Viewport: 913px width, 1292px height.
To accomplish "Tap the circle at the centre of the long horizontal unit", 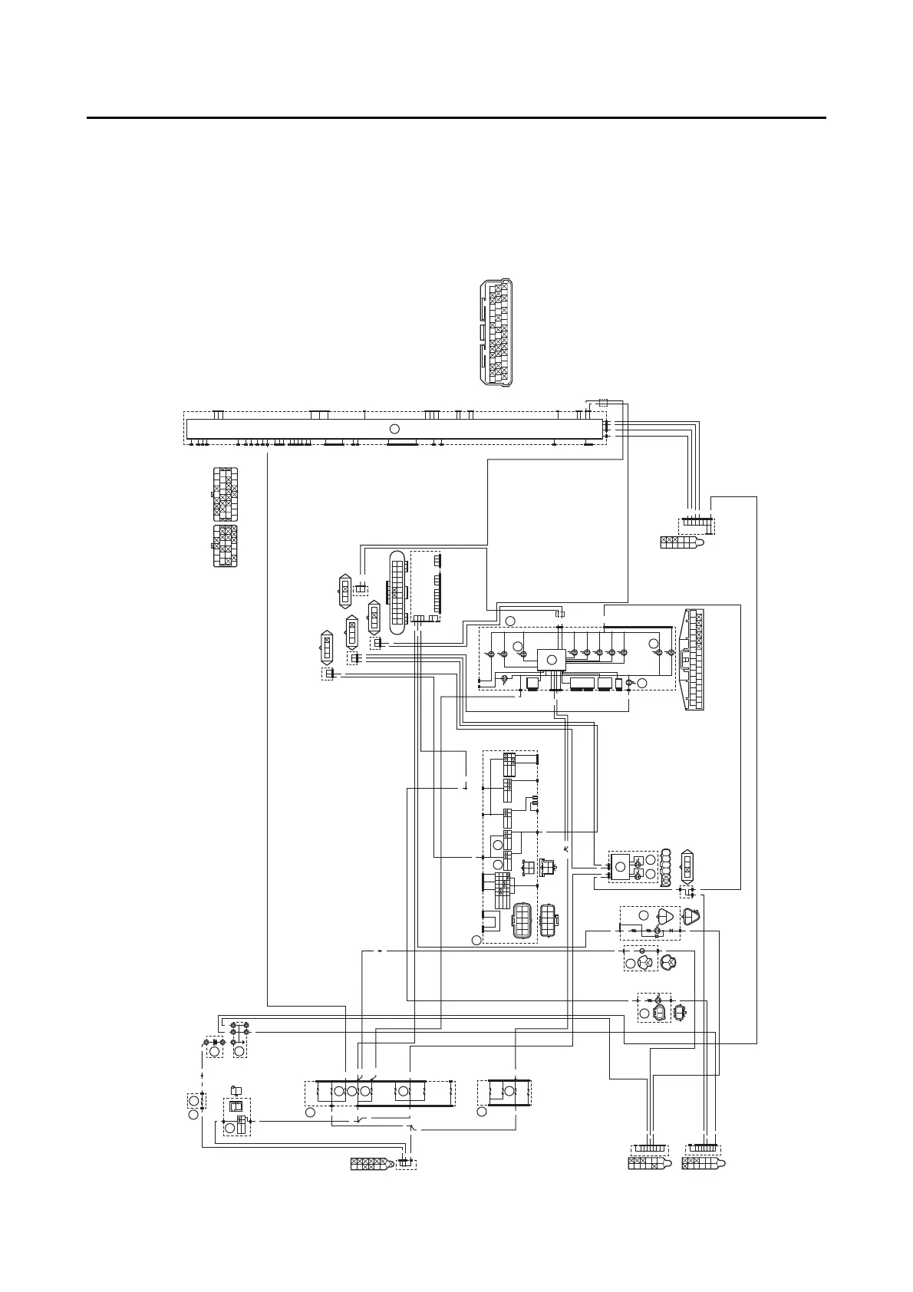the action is click(394, 428).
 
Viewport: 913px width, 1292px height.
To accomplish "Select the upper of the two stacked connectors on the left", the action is click(225, 494).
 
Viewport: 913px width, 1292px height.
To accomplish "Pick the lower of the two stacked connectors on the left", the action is click(225, 546).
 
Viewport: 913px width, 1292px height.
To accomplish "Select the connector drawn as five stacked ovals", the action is click(666, 868).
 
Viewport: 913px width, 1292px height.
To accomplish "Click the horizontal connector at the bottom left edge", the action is click(376, 1164).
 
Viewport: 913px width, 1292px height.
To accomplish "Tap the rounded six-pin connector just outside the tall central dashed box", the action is click(549, 921).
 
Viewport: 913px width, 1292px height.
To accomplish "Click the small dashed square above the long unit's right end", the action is click(603, 403).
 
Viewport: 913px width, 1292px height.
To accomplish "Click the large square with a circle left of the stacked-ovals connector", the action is click(620, 866).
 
